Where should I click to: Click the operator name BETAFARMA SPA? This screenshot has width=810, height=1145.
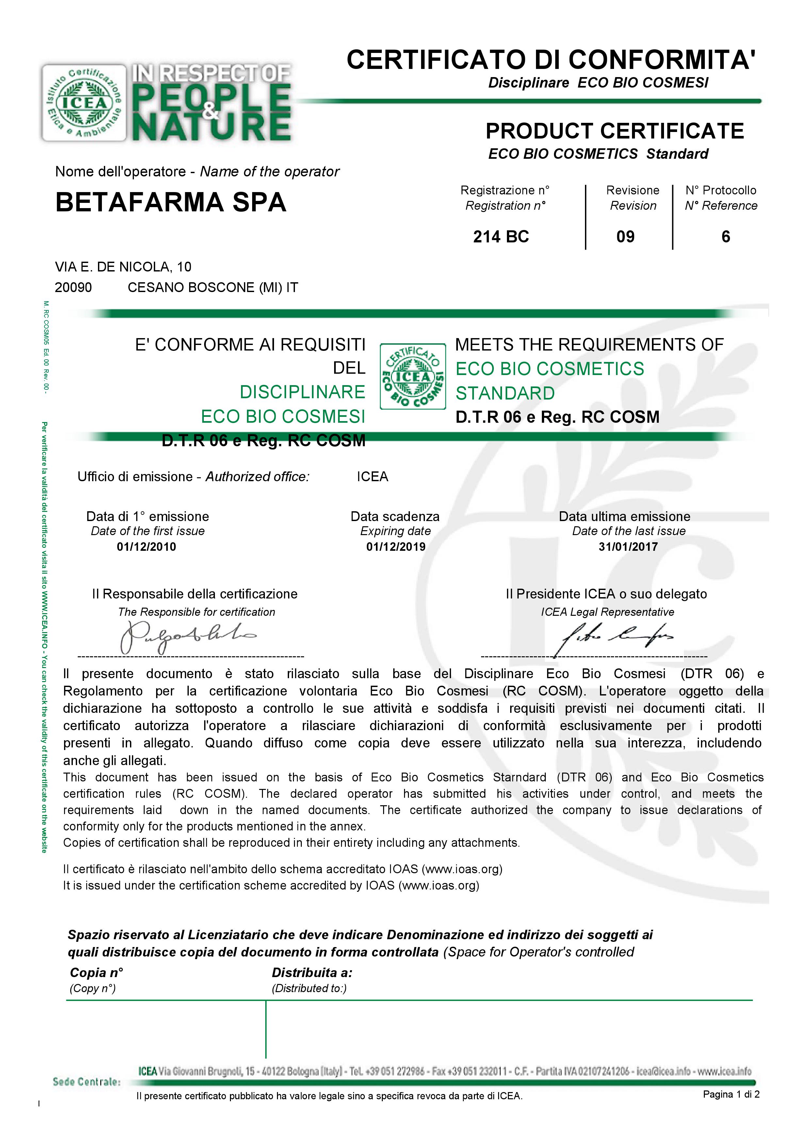point(170,202)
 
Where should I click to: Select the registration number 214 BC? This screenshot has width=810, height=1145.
point(501,237)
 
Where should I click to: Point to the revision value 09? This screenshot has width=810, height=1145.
point(625,237)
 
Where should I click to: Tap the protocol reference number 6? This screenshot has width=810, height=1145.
point(726,237)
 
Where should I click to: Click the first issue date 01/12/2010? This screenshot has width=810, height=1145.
point(146,547)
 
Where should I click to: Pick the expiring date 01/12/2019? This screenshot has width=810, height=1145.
point(396,547)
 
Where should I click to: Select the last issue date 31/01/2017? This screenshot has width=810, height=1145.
point(628,547)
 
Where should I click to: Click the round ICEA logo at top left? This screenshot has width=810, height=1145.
point(84,103)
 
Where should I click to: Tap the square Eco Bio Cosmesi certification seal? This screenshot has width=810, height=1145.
point(413,377)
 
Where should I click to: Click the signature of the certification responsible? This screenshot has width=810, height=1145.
point(187,636)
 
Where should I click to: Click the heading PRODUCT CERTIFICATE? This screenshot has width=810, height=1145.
point(614,131)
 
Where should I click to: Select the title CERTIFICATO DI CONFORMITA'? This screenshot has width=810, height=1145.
point(551,60)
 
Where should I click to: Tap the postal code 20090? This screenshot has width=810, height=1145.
point(73,288)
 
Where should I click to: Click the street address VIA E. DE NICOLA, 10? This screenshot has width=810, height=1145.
point(123,267)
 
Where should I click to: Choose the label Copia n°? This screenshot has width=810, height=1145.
point(96,973)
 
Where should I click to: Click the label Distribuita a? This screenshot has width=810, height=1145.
point(312,973)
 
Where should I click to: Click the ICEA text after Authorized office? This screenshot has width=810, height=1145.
point(372,477)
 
